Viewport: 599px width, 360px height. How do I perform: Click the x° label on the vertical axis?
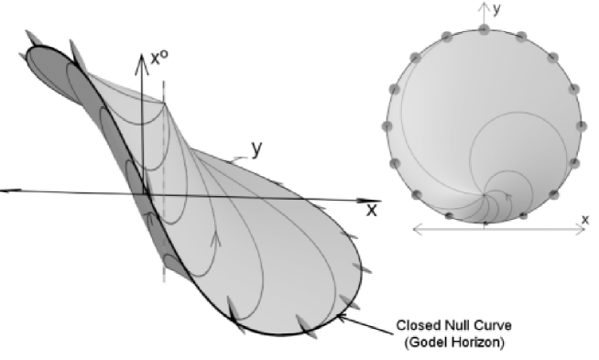(158, 63)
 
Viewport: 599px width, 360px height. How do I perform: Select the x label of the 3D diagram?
(372, 210)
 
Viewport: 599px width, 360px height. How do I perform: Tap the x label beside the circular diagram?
(583, 219)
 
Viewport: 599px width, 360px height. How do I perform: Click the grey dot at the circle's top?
(485, 29)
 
